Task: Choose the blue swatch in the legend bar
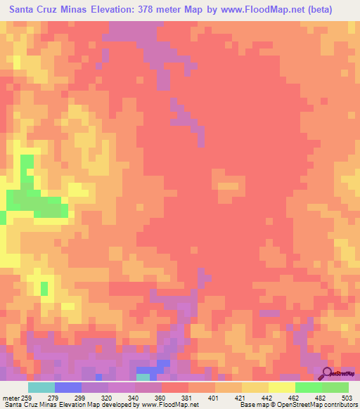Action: coord(67,388)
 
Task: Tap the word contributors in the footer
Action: coord(341,404)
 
